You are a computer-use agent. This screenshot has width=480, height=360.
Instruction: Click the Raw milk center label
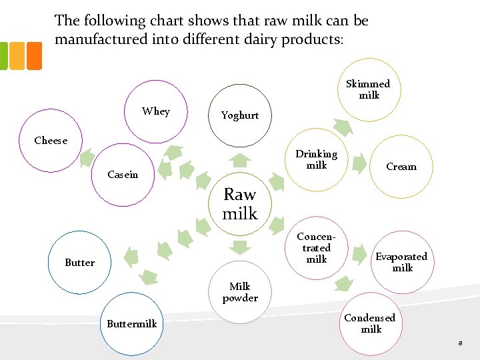click(x=240, y=204)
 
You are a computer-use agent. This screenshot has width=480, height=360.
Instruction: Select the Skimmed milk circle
click(x=369, y=89)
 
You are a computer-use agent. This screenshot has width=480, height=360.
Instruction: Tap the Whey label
click(x=155, y=111)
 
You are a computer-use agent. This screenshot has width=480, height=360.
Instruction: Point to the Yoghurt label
click(x=240, y=115)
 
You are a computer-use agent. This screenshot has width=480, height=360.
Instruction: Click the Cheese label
click(x=51, y=141)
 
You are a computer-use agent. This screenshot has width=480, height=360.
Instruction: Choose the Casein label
click(x=123, y=175)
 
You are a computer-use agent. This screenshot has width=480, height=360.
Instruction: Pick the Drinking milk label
click(x=317, y=159)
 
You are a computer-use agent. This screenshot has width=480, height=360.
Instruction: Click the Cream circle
click(x=401, y=167)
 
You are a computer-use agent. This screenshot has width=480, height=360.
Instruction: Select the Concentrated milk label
click(x=317, y=247)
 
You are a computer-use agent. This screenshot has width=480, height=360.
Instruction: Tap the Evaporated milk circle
click(x=402, y=262)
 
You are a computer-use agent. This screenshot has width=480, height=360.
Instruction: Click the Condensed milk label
click(x=370, y=323)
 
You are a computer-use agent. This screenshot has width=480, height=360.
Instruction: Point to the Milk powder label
click(x=240, y=292)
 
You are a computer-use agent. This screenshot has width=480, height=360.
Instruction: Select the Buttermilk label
click(x=132, y=324)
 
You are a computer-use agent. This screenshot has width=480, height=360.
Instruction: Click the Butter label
click(x=80, y=263)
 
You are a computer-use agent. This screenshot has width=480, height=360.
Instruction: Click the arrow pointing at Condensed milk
click(x=344, y=285)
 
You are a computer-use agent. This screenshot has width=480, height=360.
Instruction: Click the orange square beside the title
click(x=34, y=56)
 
